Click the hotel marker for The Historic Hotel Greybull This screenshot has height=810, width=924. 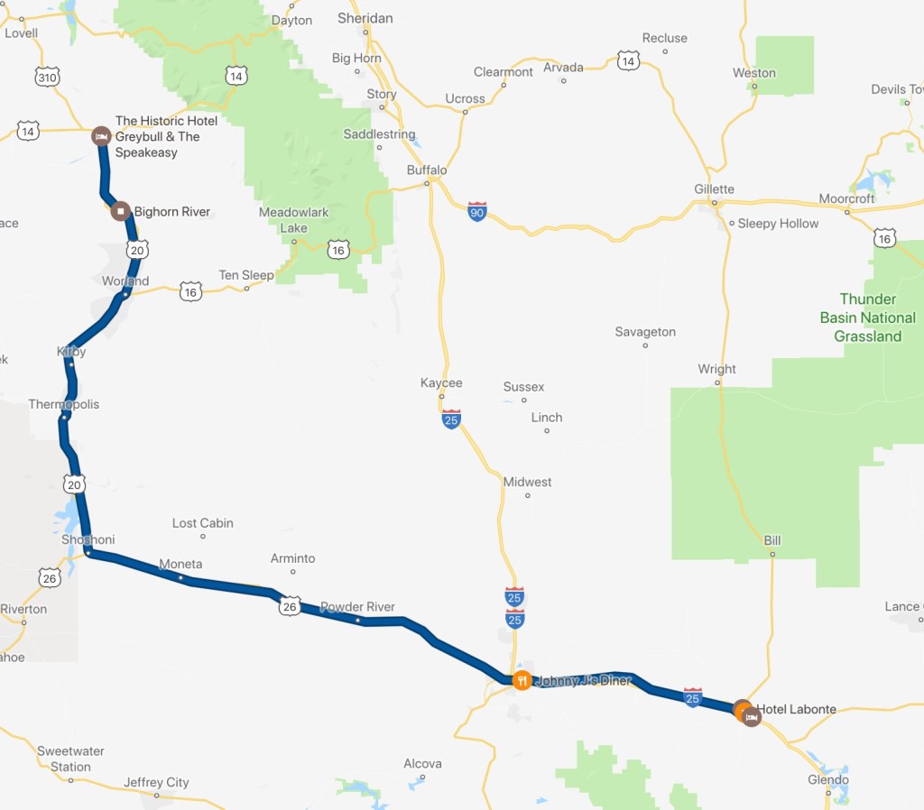[x=101, y=136]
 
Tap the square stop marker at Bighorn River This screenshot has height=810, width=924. [x=120, y=212]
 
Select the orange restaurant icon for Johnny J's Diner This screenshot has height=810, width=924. [x=521, y=680]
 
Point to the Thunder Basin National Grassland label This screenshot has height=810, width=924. [x=867, y=318]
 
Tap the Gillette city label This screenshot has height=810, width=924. [x=714, y=189]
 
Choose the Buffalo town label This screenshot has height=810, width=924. [x=427, y=170]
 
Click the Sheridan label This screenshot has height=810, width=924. [x=365, y=18]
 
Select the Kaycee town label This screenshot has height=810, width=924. [x=441, y=383]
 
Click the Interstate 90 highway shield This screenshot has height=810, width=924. [x=477, y=212]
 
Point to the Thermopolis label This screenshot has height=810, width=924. [x=64, y=404]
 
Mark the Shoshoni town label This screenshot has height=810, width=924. [x=88, y=539]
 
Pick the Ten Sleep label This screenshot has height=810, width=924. [x=246, y=275]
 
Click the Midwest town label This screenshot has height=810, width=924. [x=527, y=482]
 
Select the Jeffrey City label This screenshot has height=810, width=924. [x=156, y=782]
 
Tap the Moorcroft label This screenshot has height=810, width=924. [x=847, y=198]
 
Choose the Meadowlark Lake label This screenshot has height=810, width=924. [x=293, y=220]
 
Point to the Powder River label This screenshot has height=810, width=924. [x=357, y=607]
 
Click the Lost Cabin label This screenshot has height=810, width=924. [x=203, y=523]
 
